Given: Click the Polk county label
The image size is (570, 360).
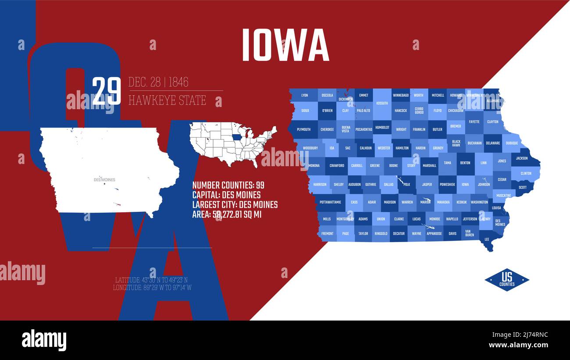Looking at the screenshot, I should (x=406, y=185).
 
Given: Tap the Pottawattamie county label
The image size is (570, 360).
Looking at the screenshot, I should (x=331, y=202).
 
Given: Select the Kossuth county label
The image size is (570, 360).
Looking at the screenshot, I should (x=382, y=103).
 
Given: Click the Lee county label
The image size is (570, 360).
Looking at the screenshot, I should (x=487, y=239).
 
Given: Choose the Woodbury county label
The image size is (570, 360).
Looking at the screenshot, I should (x=310, y=148).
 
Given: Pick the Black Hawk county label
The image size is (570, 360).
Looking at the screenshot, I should (x=456, y=143).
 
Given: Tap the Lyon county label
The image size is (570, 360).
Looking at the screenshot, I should (x=304, y=95).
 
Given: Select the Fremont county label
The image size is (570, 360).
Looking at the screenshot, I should (x=327, y=234).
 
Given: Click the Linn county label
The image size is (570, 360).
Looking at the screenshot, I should (x=483, y=163).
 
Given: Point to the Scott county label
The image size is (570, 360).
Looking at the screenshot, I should (x=522, y=187).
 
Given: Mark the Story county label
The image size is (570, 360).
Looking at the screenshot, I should (x=411, y=166).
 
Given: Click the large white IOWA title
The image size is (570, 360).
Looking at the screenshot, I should (x=285, y=45).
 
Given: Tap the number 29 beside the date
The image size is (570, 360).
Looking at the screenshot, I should (x=107, y=91).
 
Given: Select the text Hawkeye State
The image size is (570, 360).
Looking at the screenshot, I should (x=167, y=100).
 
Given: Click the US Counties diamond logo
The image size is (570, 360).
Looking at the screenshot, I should (x=506, y=280).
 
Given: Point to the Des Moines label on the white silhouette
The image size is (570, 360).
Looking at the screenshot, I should (x=104, y=180).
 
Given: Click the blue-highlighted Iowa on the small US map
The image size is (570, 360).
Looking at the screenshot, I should (x=237, y=137).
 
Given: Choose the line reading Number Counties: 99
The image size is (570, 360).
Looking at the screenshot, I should (x=228, y=185).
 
